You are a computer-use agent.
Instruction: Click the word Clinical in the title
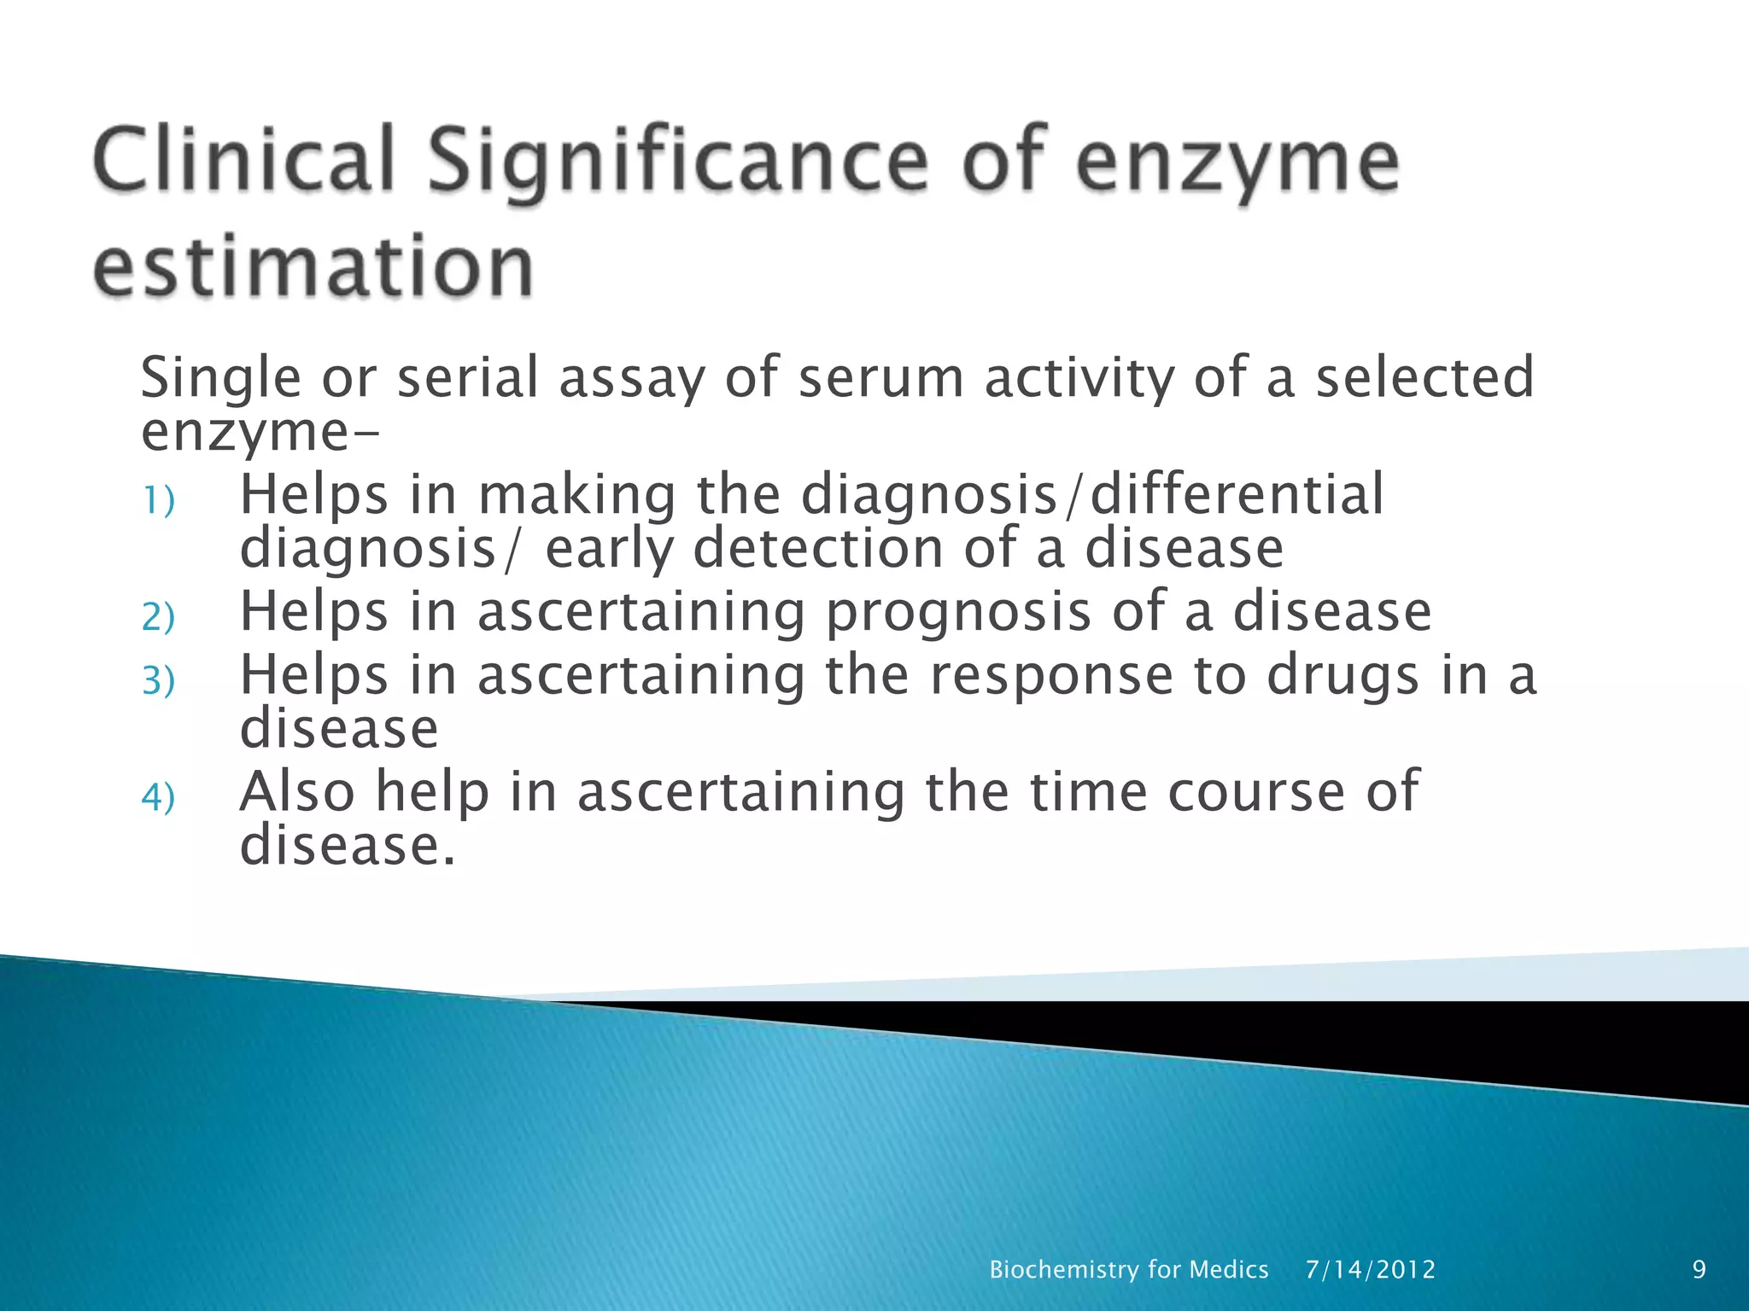pos(244,160)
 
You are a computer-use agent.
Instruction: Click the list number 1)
pos(158,500)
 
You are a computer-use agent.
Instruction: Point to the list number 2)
pos(158,617)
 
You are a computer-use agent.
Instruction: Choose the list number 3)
pos(158,680)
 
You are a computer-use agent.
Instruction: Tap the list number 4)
pos(158,797)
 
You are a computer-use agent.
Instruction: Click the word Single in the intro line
pos(220,378)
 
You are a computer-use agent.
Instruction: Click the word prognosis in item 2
pos(958,612)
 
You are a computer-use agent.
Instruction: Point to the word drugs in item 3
pos(1342,676)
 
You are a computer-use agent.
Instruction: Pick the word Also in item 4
pos(296,791)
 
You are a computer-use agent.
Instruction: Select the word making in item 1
pos(576,495)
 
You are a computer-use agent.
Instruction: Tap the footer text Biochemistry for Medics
pos(1128,1269)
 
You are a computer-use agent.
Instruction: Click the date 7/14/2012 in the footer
pos(1371,1269)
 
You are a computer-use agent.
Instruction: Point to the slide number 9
pos(1699,1269)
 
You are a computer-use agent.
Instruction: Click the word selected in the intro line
pos(1424,378)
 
